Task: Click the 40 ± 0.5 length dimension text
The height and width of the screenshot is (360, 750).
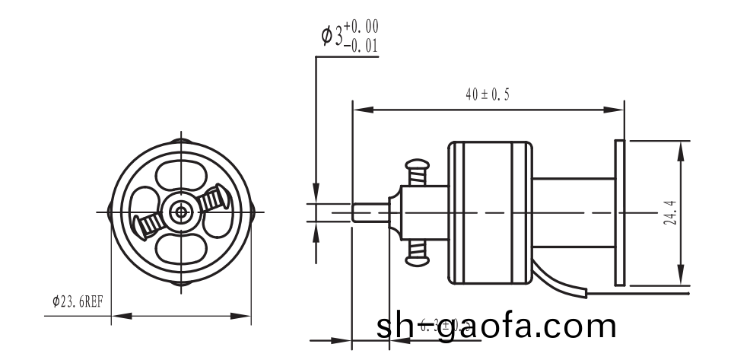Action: [488, 95]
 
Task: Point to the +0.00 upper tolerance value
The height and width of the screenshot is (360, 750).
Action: [361, 28]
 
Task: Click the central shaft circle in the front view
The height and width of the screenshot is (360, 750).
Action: [181, 211]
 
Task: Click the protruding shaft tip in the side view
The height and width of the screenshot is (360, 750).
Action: [370, 212]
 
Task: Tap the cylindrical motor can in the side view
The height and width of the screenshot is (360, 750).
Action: [489, 212]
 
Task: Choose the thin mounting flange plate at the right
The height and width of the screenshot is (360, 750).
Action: [619, 212]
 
